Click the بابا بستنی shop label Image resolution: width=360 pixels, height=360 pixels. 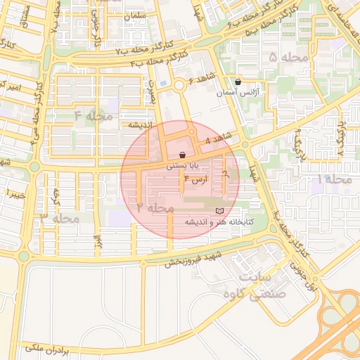(182, 167)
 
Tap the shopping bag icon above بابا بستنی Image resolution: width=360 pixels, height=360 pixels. (182, 155)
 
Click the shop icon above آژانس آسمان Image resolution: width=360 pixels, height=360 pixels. (238, 82)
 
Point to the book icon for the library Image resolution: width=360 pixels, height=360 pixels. (219, 211)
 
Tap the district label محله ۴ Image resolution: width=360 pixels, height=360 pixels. (94, 115)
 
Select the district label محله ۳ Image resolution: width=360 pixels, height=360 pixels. (59, 218)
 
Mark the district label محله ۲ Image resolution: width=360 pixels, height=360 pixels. (155, 207)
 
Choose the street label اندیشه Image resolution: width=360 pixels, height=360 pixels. (141, 124)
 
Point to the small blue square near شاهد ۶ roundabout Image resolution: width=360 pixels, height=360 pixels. (164, 84)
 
